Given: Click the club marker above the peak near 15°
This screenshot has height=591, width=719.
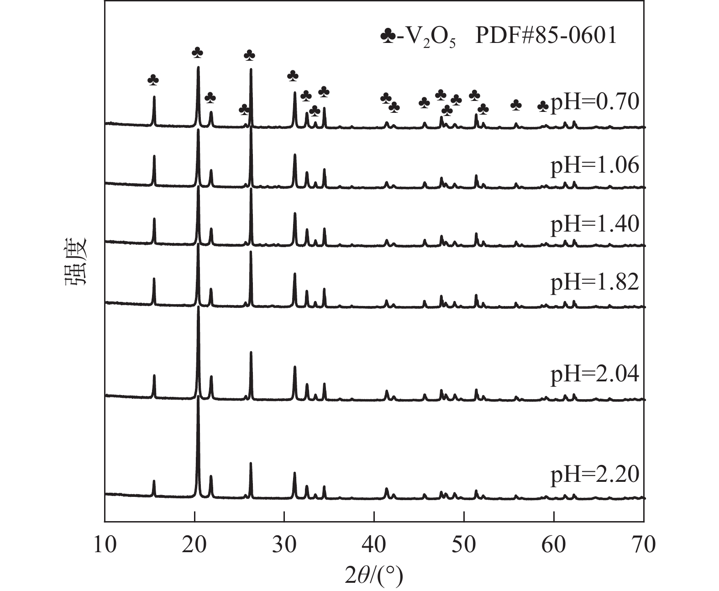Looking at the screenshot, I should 153,80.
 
